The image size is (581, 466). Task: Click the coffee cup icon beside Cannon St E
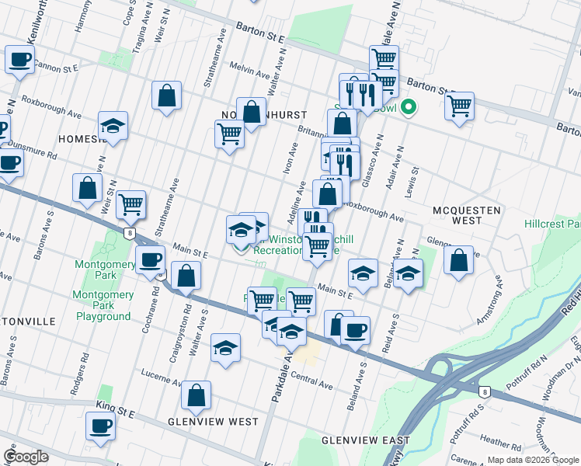19,59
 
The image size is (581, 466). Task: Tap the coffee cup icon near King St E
100,426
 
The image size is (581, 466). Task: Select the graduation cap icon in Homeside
113,127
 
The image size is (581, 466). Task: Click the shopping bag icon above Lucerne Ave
196,395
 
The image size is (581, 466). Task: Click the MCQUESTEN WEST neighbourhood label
467,215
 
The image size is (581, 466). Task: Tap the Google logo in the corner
26,457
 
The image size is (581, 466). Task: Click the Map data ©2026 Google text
532,459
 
